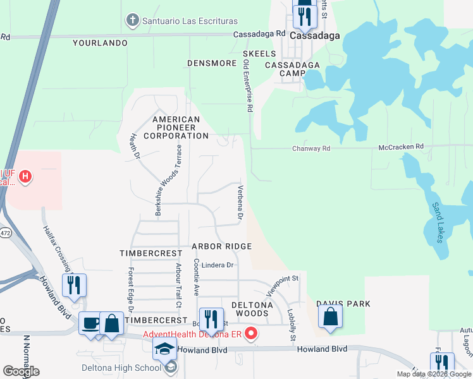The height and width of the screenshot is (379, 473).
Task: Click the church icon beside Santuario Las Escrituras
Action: point(132,20)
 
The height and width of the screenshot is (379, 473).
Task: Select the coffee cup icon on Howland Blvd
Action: point(90,323)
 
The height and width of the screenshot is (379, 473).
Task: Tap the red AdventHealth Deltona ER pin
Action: point(251,333)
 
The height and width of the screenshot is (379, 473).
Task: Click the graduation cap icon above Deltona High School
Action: point(164,347)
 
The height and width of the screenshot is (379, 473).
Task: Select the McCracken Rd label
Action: point(400,147)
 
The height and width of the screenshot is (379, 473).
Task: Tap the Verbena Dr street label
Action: point(240,203)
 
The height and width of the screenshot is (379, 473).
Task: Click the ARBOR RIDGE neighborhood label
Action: point(221,246)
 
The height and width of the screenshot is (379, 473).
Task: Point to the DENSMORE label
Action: point(211,64)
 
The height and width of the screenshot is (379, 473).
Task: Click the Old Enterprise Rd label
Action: point(249,86)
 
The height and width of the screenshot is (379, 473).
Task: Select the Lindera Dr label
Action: point(219,265)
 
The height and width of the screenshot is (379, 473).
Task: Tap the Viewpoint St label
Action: point(281,282)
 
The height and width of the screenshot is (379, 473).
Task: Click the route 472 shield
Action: point(4,233)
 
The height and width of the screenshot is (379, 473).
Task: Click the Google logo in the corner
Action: point(21,371)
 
